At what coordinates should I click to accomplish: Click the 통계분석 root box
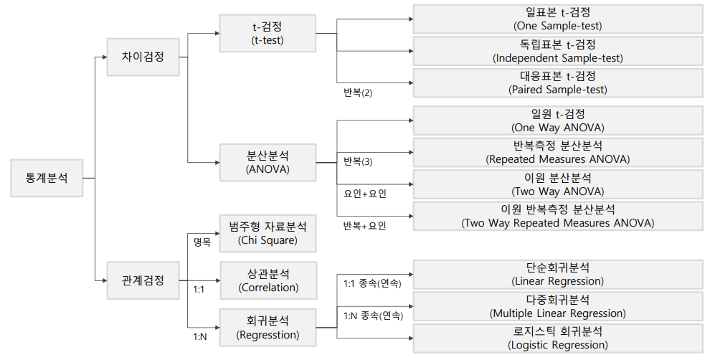[47, 178]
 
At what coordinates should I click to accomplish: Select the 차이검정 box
[143, 57]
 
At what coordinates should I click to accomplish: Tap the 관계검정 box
[143, 280]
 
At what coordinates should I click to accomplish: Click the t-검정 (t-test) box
[268, 33]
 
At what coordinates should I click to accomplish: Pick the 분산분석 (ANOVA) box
[268, 162]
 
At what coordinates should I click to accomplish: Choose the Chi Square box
[268, 233]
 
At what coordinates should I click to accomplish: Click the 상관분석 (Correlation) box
[268, 280]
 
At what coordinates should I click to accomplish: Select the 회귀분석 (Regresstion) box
[268, 328]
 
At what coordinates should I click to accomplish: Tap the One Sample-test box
[558, 19]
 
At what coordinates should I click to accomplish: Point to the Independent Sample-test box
[558, 51]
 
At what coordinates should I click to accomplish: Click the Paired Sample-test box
[558, 83]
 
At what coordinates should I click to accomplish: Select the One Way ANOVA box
[558, 121]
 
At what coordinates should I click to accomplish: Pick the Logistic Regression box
[558, 338]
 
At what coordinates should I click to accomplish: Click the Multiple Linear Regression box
[558, 306]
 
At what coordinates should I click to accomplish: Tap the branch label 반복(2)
[358, 93]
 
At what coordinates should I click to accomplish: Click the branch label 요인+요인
[365, 194]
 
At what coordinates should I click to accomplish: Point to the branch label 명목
[202, 242]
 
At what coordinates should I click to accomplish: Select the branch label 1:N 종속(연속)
[373, 316]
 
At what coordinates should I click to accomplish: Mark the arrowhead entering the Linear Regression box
[411, 275]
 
